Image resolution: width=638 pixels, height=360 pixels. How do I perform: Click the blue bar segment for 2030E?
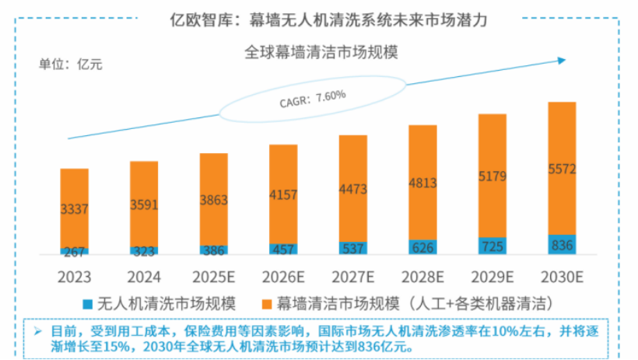coord(562,244)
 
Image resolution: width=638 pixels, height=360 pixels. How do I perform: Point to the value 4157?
coord(283,194)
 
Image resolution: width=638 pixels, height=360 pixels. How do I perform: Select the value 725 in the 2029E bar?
coord(493,246)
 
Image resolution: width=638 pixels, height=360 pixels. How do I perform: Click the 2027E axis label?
coord(352,277)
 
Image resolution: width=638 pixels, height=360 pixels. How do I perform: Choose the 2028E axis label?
coord(422,277)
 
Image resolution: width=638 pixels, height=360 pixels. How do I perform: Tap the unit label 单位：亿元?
coord(71,64)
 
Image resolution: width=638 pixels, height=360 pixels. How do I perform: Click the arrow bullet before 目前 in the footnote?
coord(37,331)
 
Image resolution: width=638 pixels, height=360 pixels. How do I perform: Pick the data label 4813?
coord(422,184)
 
